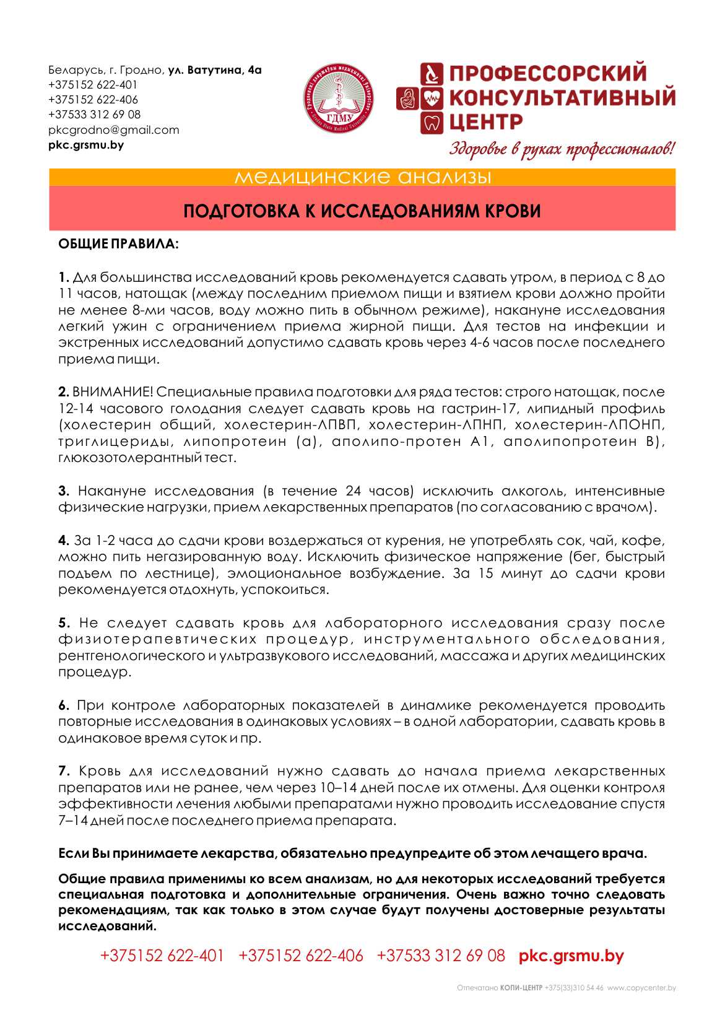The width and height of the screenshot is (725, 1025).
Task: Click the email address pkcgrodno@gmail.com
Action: pyautogui.click(x=113, y=130)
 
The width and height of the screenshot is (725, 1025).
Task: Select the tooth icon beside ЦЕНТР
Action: pyautogui.click(x=432, y=122)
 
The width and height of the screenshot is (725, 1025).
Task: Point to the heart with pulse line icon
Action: pyautogui.click(x=432, y=98)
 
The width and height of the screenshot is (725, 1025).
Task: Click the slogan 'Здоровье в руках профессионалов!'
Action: pyautogui.click(x=562, y=149)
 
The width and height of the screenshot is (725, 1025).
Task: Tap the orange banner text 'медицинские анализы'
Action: pyautogui.click(x=362, y=178)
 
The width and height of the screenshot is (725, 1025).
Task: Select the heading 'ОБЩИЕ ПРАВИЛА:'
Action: pyautogui.click(x=118, y=244)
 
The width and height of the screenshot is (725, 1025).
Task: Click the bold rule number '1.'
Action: pyautogui.click(x=64, y=277)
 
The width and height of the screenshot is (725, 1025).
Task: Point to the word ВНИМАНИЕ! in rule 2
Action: pyautogui.click(x=113, y=392)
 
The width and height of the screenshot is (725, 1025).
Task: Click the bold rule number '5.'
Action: pyautogui.click(x=64, y=623)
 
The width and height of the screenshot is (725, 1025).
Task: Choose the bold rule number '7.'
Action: pyautogui.click(x=64, y=772)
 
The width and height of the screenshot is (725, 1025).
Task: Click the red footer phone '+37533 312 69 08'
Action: pyautogui.click(x=441, y=956)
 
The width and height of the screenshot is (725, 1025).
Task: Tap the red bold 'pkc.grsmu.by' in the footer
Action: pyautogui.click(x=571, y=956)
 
